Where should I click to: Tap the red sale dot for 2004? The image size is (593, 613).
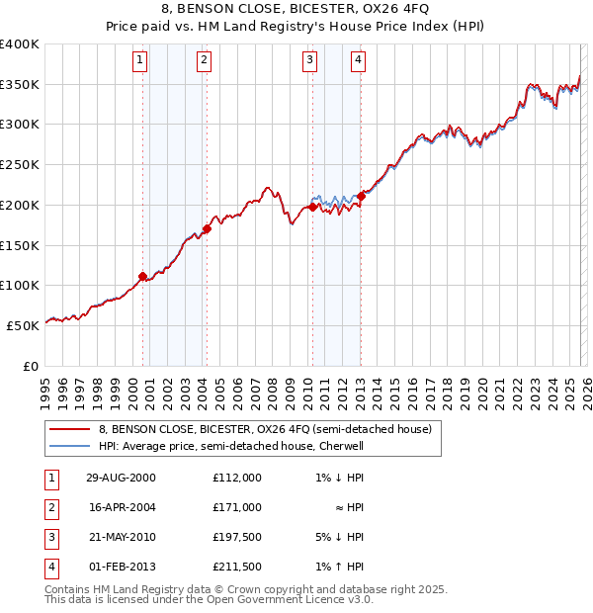pos(207,228)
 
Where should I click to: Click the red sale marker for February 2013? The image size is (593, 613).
pos(361,196)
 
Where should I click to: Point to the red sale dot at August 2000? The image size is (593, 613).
pos(143,276)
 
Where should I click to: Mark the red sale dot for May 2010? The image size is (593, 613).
pos(313,207)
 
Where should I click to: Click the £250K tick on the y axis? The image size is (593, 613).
pos(20,165)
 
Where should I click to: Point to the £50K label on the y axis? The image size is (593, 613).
pos(23,325)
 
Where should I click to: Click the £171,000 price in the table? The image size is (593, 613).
pos(236,507)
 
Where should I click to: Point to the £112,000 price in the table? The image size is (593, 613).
pos(236,478)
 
